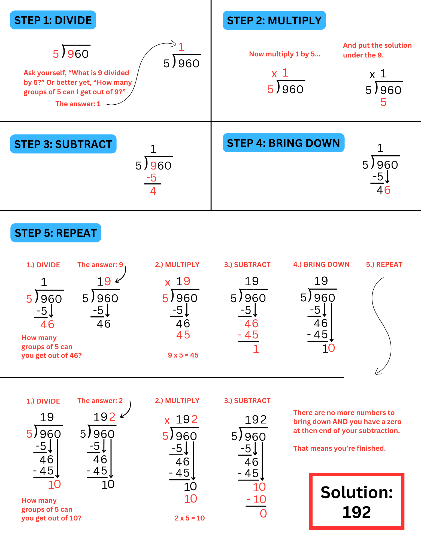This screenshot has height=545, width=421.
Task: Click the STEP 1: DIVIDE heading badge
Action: click(53, 20)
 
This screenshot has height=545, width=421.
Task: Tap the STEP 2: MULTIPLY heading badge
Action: click(274, 20)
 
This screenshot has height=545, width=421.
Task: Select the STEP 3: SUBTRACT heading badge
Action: click(63, 144)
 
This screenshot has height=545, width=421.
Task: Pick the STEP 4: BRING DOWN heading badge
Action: click(283, 143)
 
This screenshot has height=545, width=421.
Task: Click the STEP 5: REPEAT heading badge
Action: click(56, 233)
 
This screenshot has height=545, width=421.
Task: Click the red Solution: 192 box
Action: click(356, 501)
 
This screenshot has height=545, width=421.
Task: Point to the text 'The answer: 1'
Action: click(78, 104)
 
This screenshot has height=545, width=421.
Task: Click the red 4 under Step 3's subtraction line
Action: click(153, 191)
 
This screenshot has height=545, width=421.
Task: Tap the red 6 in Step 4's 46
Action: click(387, 190)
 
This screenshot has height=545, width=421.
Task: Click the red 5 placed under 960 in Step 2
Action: click(383, 102)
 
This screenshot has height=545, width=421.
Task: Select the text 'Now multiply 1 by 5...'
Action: click(285, 54)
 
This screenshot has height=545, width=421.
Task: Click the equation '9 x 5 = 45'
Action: click(183, 355)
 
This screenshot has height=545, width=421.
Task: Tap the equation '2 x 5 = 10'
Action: click(190, 518)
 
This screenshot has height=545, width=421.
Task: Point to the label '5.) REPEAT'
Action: click(384, 264)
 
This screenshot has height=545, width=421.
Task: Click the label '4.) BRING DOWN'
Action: click(321, 264)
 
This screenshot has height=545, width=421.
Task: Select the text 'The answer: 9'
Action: click(100, 265)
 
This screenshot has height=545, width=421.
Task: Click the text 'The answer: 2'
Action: click(100, 401)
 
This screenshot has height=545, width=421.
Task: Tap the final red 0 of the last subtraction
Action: click(263, 513)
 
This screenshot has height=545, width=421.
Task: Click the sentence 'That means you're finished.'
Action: click(339, 448)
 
